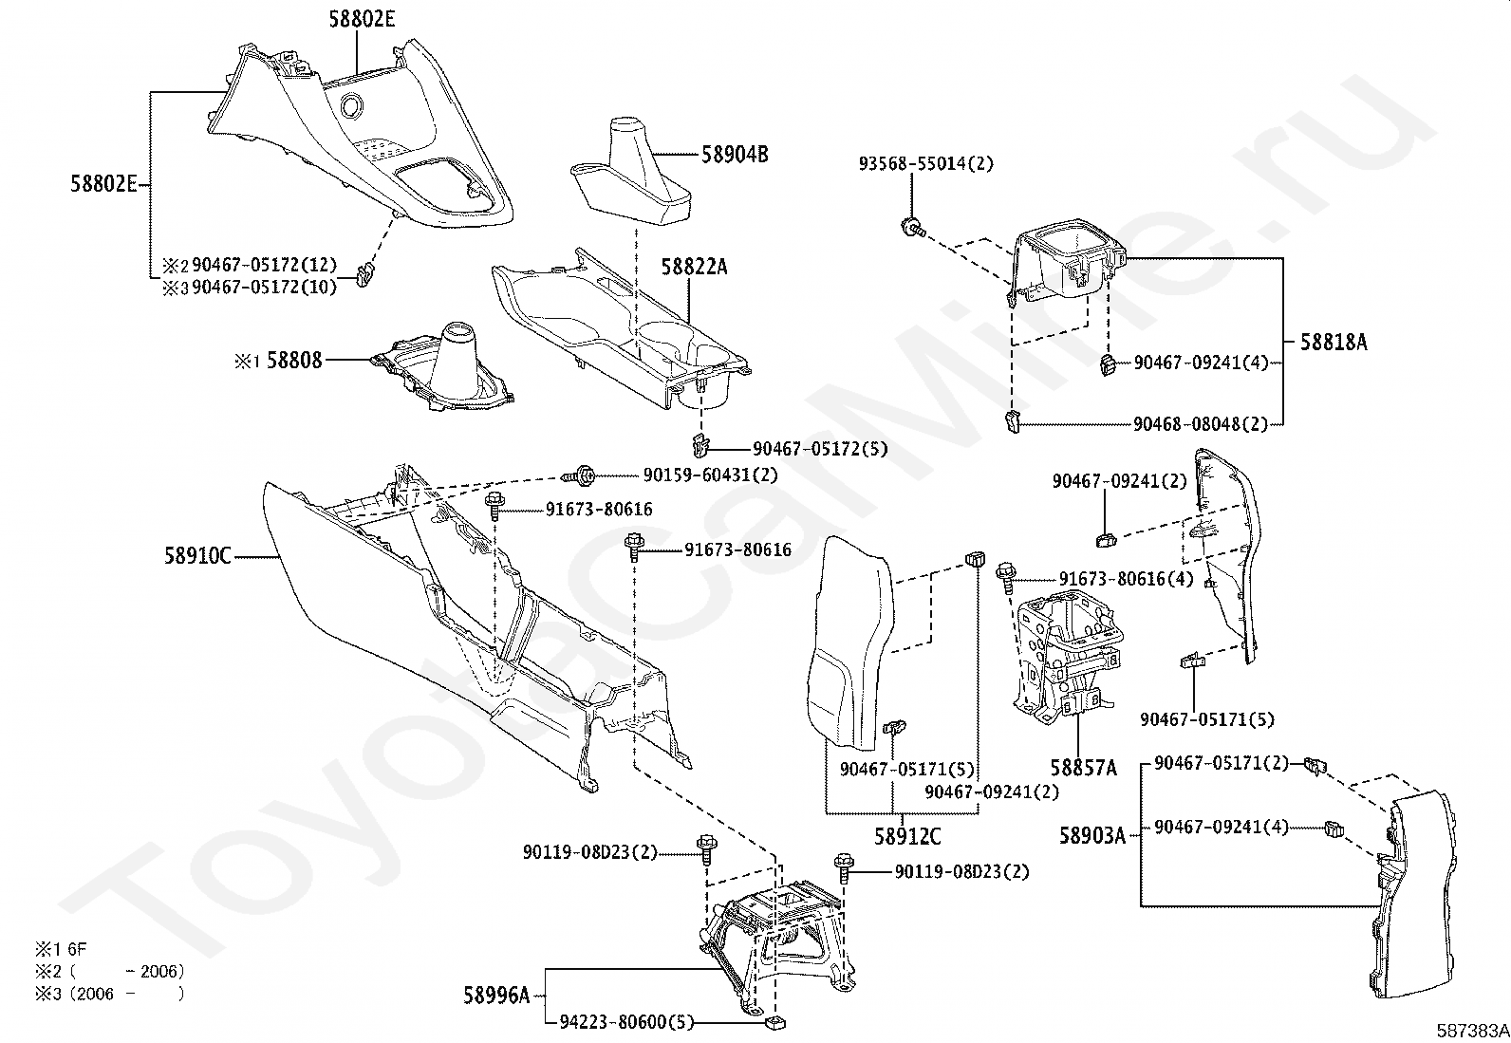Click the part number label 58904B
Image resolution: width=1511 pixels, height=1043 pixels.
[734, 154]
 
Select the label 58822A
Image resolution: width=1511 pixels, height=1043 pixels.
[694, 267]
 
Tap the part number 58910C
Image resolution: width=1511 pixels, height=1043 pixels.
[196, 556]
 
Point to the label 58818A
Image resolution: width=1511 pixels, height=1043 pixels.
[1333, 343]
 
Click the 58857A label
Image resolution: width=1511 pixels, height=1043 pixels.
[1082, 767]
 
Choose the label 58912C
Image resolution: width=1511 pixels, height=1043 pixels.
[907, 836]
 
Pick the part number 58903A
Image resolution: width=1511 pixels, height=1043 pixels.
[1091, 836]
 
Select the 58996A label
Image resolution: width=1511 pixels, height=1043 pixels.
[496, 996]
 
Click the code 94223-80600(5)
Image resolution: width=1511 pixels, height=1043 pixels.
[626, 1022]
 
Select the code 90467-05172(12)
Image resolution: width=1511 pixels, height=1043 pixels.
[264, 265]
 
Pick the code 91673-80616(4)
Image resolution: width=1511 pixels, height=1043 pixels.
[1126, 579]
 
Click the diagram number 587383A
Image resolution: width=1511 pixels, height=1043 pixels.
[1470, 1031]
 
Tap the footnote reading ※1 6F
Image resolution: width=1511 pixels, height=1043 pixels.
[61, 948]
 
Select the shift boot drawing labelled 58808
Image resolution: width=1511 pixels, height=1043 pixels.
[443, 373]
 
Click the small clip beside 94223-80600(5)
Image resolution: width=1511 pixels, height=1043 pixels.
[775, 1023]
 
